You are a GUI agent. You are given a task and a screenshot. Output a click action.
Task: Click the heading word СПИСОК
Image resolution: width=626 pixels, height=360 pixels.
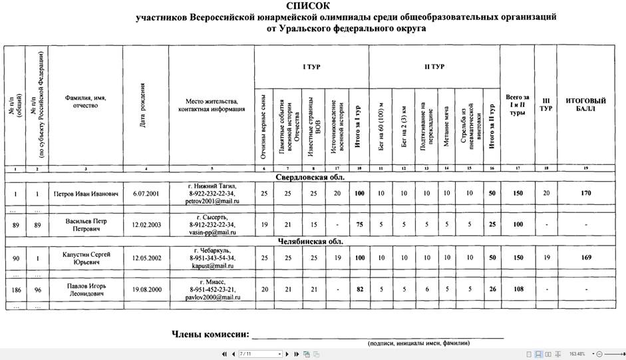click(x=313, y=6)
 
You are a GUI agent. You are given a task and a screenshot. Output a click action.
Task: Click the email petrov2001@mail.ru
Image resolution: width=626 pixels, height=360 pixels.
click(x=212, y=200)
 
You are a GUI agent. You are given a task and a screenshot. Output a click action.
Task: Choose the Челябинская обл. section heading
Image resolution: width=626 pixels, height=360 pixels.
click(x=313, y=241)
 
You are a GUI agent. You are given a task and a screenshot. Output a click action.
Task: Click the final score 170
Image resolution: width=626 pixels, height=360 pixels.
click(x=585, y=194)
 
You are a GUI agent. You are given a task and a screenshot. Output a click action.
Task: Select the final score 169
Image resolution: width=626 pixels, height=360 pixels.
click(x=585, y=257)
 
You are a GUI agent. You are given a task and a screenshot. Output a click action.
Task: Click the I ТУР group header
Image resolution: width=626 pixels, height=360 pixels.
click(x=311, y=67)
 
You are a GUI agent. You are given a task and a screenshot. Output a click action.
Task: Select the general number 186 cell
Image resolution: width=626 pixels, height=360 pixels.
click(x=13, y=289)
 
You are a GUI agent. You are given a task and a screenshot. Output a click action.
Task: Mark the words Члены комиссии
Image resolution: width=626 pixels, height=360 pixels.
click(x=210, y=334)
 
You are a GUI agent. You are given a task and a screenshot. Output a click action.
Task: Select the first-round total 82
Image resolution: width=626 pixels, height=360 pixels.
click(x=359, y=289)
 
